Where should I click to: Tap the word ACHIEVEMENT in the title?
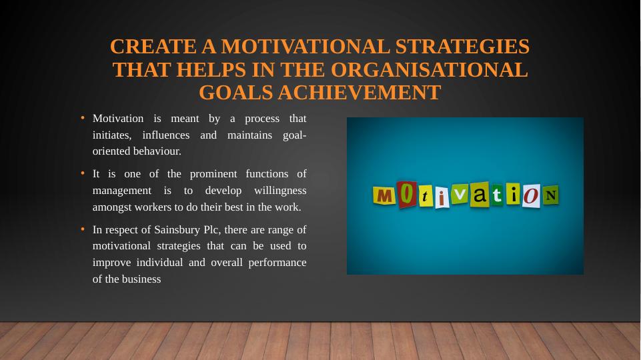click(377, 93)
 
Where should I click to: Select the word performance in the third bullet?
click(277, 263)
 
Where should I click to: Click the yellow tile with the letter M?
click(384, 196)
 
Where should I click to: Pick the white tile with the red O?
click(531, 197)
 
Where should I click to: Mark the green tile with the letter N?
click(550, 195)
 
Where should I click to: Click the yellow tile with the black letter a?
click(480, 195)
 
